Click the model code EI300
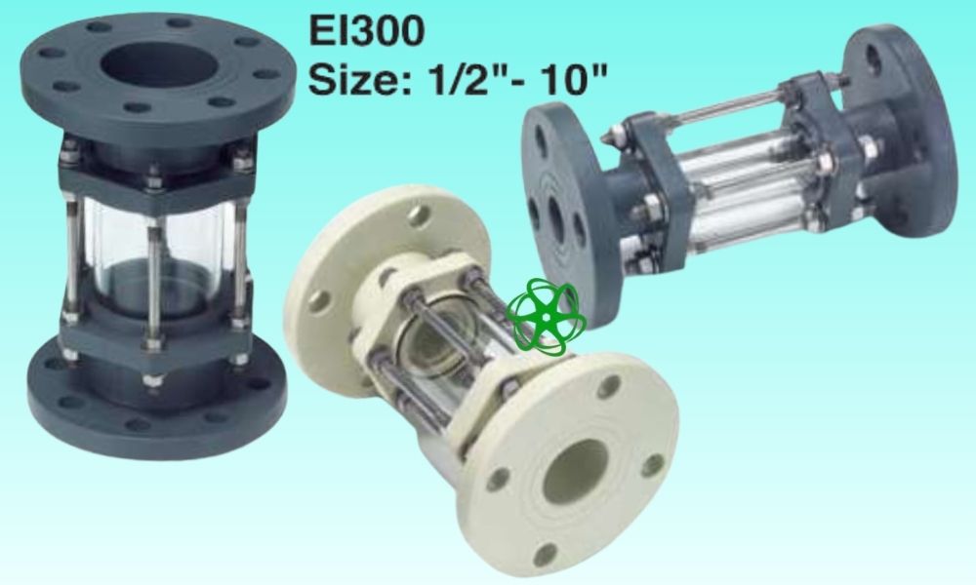click(x=367, y=30)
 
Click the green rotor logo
click(x=546, y=317)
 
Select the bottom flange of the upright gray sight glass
click(x=157, y=398)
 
